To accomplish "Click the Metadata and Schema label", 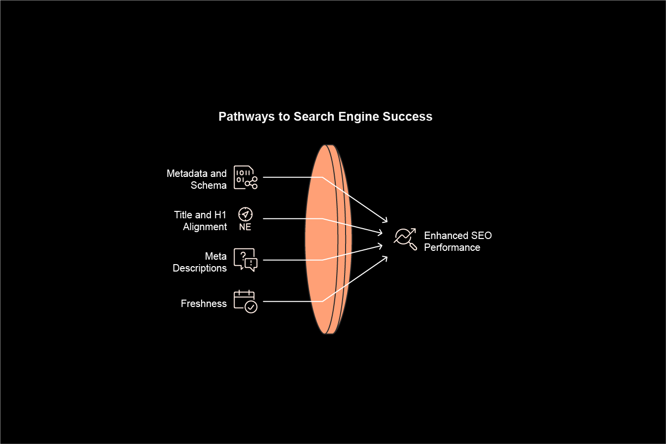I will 197,179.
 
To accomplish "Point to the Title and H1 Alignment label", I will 200,221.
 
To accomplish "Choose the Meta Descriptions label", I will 200,262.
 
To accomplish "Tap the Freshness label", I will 204,304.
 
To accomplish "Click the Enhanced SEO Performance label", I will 457,241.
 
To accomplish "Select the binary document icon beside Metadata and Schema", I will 245,177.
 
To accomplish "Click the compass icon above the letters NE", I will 245,214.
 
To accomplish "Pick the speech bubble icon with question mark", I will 245,260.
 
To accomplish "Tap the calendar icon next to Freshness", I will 245,301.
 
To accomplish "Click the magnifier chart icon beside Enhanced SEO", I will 406,239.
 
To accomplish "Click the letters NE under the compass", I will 245,227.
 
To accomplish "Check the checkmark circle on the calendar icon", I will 251,307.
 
